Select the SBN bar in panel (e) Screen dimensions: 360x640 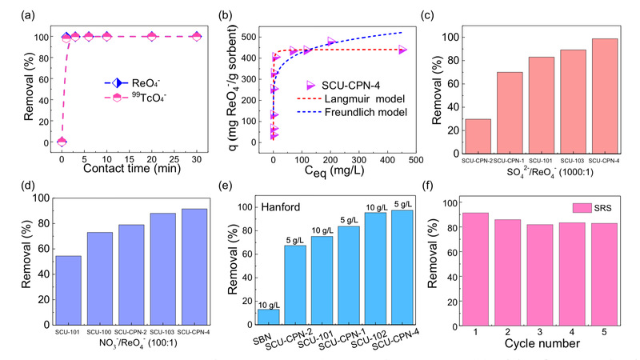point(269,317)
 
